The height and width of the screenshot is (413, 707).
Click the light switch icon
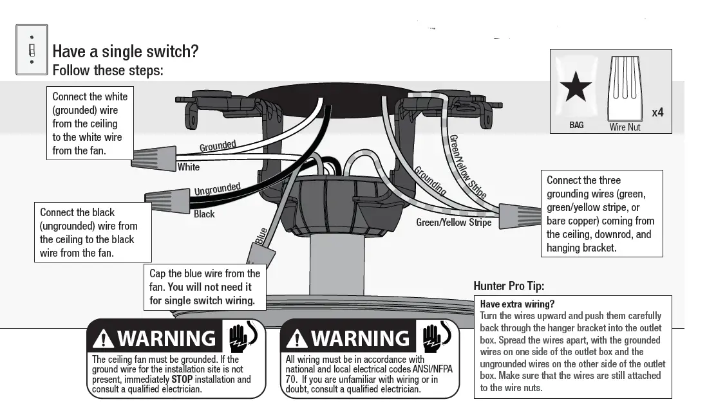coord(31,50)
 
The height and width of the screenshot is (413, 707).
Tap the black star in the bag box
coord(576,87)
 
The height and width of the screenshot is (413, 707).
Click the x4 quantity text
coord(657,113)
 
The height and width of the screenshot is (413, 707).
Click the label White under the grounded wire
coord(189,167)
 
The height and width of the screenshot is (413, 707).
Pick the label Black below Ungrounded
coord(204,214)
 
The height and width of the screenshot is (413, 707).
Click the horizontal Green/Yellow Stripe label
coord(453,223)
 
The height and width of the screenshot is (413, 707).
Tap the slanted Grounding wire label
coord(430,180)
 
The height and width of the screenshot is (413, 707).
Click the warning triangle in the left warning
coord(103,338)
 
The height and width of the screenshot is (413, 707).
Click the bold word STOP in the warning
coord(182,380)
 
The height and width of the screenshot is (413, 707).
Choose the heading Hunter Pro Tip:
coord(513,286)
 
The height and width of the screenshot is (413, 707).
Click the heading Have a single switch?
coord(125,51)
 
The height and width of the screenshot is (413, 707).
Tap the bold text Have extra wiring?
coord(517,304)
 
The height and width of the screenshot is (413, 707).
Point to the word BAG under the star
coord(576,125)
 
